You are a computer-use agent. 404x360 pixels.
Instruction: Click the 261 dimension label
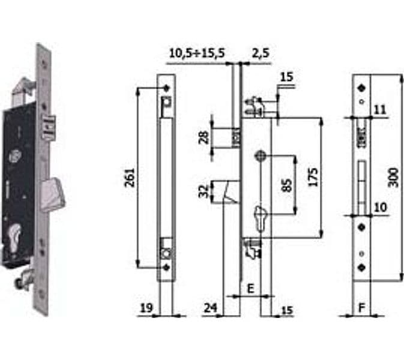point(130,178)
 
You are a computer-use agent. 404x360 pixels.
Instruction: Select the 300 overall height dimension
point(393,178)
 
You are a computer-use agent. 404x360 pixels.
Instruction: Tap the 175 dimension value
point(313,177)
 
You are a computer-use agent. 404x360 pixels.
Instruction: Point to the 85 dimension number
point(288,185)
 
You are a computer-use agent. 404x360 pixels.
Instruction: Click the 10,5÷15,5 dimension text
point(197,53)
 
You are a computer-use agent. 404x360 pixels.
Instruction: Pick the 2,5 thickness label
point(261,53)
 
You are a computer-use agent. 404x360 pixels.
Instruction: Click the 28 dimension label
point(204,137)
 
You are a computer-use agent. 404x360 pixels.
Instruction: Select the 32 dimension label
point(204,191)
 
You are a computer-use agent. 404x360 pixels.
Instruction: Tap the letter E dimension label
point(250,289)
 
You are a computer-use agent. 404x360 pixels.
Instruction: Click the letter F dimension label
point(362,307)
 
